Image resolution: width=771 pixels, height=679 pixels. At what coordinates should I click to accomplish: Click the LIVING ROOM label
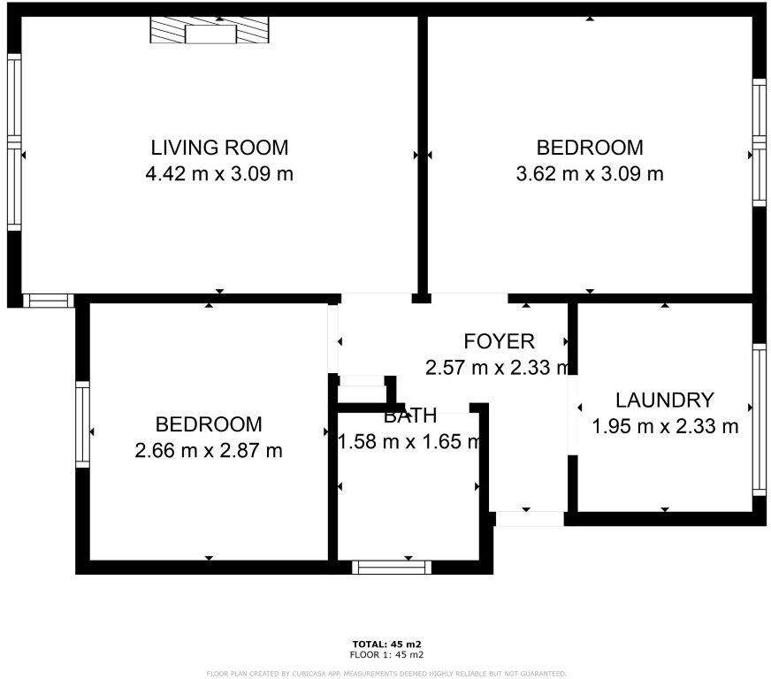[x=219, y=148]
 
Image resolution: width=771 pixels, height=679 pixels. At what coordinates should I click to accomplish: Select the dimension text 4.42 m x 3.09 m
[x=219, y=174]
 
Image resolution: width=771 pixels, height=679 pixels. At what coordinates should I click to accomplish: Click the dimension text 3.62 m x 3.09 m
[x=589, y=174]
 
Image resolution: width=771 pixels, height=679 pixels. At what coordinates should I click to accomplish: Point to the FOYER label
[x=499, y=341]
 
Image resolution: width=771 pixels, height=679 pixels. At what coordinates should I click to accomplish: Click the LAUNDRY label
[x=664, y=401]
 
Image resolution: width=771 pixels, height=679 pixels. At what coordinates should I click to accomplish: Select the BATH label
[x=409, y=416]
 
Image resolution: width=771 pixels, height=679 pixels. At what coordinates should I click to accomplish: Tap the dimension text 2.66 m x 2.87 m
[x=209, y=451]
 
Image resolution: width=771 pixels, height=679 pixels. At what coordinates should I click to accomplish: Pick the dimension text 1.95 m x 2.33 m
[x=664, y=427]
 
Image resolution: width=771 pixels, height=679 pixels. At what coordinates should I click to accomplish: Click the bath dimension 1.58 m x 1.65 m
[x=409, y=441]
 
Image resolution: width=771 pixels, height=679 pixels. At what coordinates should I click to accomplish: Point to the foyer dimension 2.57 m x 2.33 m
[x=497, y=368]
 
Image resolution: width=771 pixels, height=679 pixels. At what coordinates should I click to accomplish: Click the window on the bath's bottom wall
[x=392, y=567]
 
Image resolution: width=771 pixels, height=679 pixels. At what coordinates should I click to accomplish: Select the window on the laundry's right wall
[x=758, y=418]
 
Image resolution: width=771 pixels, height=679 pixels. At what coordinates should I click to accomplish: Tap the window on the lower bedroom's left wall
[x=82, y=423]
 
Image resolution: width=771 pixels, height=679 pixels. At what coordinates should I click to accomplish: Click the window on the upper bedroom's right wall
[x=759, y=142]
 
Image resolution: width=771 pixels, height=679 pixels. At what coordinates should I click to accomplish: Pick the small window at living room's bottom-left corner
[x=48, y=301]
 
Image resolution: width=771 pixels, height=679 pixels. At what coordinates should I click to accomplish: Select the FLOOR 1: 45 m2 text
[x=386, y=655]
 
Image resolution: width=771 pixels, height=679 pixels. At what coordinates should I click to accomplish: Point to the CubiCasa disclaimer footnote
[x=386, y=674]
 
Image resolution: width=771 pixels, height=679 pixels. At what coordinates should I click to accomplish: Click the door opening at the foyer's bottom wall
[x=528, y=518]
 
